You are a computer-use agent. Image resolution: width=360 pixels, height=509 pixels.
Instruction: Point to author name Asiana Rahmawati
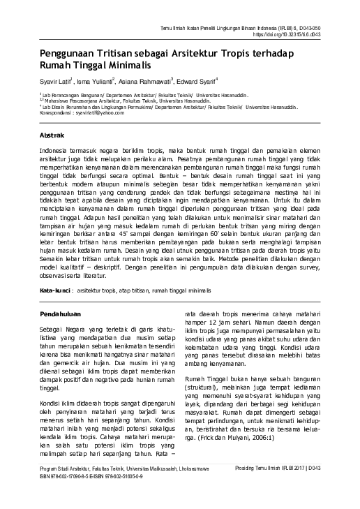pos(147,80)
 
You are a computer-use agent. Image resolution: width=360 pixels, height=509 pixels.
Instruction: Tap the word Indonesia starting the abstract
pos(58,150)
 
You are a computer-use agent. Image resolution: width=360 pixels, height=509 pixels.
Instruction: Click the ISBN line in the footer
pos(99,496)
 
